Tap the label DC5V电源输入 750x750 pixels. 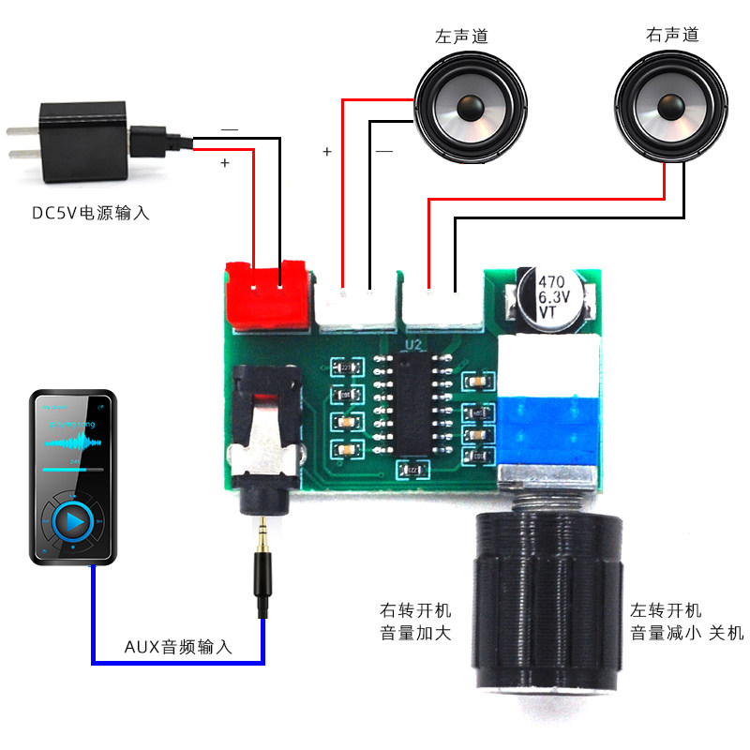[x=91, y=213]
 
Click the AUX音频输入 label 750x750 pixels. [x=178, y=648]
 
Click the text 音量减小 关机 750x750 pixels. [x=686, y=634]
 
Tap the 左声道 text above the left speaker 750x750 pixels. [x=461, y=37]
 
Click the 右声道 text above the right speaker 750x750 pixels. [x=672, y=36]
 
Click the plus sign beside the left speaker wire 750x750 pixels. [x=326, y=151]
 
